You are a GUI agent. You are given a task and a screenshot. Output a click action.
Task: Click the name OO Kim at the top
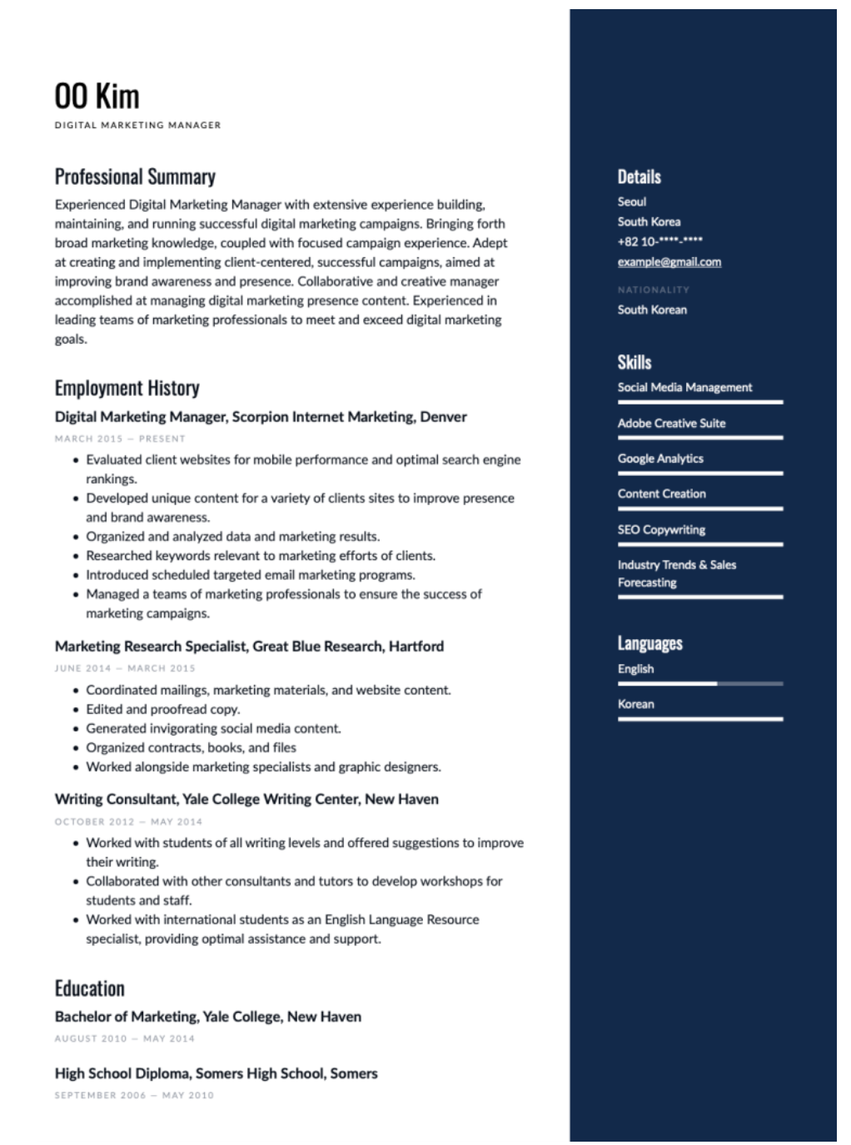point(97,97)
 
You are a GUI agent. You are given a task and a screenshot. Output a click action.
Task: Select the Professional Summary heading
point(135,176)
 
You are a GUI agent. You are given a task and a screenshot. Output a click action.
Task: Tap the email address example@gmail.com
point(669,261)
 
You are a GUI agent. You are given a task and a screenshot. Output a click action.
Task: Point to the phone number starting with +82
point(659,241)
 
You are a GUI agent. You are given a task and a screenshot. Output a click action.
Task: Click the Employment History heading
point(127,388)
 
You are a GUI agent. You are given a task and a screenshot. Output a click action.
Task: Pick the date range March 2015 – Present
point(120,439)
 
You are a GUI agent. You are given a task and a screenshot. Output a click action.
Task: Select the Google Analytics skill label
point(660,458)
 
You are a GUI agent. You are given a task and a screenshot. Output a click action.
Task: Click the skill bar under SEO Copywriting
point(699,544)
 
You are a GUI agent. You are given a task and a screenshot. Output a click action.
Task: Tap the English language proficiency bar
point(699,684)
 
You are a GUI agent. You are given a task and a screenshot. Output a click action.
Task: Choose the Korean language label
point(635,704)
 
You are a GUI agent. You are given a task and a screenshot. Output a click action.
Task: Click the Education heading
point(89,989)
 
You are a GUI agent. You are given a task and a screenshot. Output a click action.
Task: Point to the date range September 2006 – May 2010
point(134,1095)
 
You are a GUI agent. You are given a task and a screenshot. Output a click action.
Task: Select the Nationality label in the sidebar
point(653,290)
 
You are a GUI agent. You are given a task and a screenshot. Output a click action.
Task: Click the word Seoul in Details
point(631,201)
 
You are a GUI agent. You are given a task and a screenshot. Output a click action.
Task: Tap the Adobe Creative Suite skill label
point(671,423)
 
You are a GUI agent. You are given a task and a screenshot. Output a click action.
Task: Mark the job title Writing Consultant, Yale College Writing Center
point(246,799)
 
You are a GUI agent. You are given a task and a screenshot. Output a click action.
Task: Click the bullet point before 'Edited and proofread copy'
point(77,710)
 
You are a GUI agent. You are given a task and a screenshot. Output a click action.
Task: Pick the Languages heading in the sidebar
point(649,643)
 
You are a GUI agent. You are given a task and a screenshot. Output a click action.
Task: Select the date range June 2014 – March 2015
point(125,668)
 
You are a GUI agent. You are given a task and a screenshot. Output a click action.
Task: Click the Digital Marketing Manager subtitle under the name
point(137,126)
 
